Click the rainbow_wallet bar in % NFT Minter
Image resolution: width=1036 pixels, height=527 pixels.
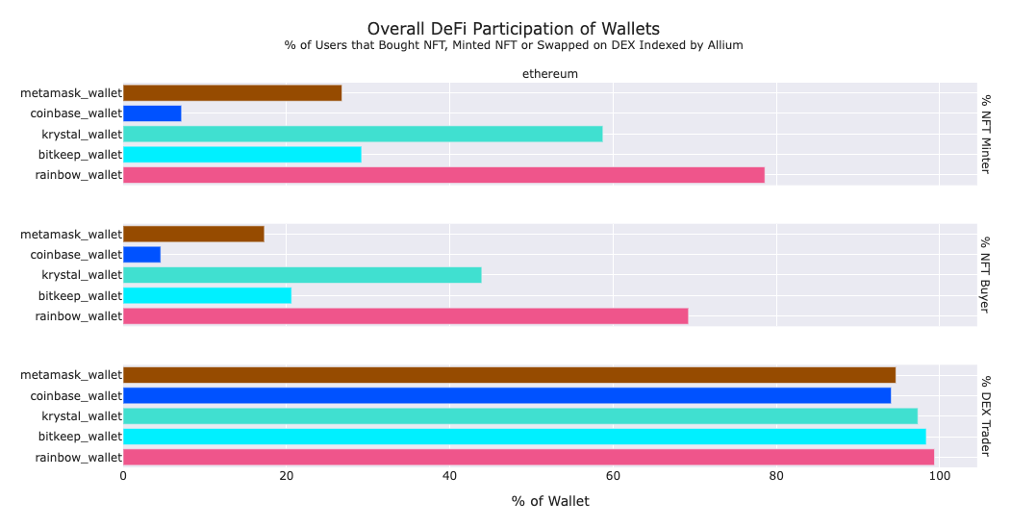click(x=443, y=175)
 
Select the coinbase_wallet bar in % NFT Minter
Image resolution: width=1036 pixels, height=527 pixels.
click(x=152, y=113)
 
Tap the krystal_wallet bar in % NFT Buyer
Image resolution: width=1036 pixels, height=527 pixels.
click(x=302, y=275)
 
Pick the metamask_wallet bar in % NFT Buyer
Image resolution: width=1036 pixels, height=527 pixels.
click(x=193, y=234)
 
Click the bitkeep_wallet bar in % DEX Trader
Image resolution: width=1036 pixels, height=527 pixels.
click(x=524, y=437)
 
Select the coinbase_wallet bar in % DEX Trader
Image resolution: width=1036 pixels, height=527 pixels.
click(x=507, y=395)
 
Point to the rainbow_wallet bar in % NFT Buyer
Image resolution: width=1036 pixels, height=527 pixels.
click(x=405, y=315)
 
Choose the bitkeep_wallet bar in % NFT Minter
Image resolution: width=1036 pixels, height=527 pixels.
click(x=242, y=155)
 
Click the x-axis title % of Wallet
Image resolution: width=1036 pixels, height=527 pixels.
click(x=550, y=501)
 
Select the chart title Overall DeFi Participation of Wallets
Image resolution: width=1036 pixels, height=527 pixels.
click(x=514, y=29)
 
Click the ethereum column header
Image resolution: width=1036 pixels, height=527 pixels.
click(x=549, y=73)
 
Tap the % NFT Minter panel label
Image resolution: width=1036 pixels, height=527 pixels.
click(x=986, y=135)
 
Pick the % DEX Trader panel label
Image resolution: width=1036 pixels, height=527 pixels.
click(x=986, y=416)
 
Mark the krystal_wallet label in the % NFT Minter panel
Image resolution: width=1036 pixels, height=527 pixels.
click(x=82, y=135)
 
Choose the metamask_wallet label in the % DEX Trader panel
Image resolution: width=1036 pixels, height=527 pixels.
click(x=71, y=375)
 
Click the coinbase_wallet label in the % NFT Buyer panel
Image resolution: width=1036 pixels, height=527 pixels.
click(x=76, y=255)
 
